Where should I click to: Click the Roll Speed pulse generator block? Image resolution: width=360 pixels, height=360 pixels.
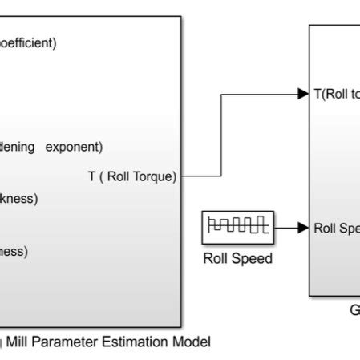(x=237, y=228)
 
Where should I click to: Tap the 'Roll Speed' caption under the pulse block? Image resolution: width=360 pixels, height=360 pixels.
(x=237, y=259)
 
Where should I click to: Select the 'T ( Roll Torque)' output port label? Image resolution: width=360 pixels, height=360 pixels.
(x=131, y=177)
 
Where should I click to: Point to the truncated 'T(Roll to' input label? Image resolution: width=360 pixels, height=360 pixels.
(x=335, y=94)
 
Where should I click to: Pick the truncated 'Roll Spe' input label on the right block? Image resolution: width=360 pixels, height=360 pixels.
(x=336, y=228)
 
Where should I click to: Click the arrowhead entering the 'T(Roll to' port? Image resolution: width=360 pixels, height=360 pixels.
(x=304, y=94)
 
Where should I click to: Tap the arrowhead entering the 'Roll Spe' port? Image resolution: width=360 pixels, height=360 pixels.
(x=304, y=228)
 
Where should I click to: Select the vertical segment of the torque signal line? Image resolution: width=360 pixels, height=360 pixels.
(x=220, y=135)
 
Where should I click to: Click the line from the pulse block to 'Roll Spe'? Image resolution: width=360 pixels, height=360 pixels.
(x=287, y=228)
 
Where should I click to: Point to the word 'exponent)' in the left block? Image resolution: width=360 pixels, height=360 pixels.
(x=75, y=147)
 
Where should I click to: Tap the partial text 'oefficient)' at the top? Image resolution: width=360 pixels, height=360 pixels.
(x=29, y=44)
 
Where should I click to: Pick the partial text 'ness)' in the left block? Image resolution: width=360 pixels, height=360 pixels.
(x=14, y=251)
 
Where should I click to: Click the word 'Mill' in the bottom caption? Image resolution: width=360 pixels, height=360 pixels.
(x=17, y=342)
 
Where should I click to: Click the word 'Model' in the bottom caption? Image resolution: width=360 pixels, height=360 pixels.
(x=192, y=342)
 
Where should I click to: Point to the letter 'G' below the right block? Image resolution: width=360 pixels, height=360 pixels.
(x=354, y=310)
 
